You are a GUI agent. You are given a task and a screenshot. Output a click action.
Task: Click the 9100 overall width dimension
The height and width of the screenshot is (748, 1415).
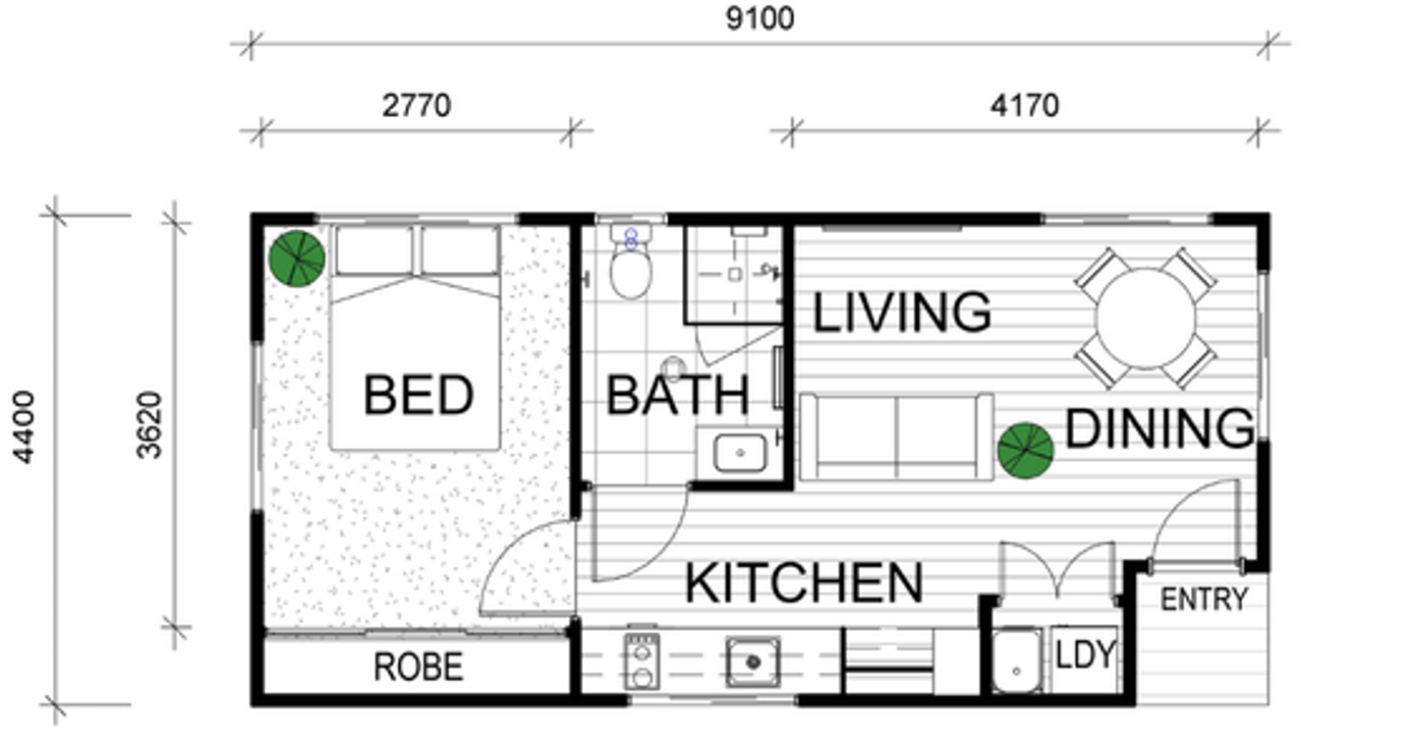pos(760,19)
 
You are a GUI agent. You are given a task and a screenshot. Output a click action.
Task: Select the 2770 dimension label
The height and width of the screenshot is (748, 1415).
pos(417,105)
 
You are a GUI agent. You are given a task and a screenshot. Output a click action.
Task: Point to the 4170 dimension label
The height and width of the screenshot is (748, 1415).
pos(1024,105)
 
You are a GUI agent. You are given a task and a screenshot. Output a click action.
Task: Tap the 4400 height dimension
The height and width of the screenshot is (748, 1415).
pos(24,427)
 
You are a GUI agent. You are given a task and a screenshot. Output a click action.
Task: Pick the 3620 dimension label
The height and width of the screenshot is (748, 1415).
pos(149,426)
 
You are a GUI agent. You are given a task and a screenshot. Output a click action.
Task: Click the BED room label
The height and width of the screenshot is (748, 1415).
pos(419,395)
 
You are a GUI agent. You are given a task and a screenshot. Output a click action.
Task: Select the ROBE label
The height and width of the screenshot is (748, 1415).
pos(419,667)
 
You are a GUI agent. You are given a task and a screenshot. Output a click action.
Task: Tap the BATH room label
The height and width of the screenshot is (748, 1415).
pos(678,395)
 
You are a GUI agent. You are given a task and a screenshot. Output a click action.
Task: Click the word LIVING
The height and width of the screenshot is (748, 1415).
pos(901,313)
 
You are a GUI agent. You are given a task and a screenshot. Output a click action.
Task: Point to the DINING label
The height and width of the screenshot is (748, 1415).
pos(1160,429)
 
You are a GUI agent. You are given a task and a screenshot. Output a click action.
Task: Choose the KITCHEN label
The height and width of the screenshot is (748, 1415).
pos(804,583)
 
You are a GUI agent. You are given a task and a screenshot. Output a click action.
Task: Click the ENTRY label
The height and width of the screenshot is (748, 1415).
pos(1205,600)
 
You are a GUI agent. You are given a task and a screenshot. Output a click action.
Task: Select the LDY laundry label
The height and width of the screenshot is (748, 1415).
pos(1085,655)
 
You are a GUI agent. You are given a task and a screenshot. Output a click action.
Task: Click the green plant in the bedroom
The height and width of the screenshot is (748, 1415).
pos(297,259)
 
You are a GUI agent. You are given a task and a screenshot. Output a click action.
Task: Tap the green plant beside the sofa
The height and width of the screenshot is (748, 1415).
pos(1025,450)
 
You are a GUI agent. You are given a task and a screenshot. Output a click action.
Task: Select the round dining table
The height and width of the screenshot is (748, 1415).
pos(1146,318)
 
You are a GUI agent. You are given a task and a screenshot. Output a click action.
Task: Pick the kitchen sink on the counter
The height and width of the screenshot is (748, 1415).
pos(753,662)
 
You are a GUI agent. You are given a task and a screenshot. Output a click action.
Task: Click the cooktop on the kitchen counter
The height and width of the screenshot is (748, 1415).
pos(642,662)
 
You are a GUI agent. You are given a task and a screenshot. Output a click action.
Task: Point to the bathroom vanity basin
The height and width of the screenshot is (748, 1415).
pos(740,452)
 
